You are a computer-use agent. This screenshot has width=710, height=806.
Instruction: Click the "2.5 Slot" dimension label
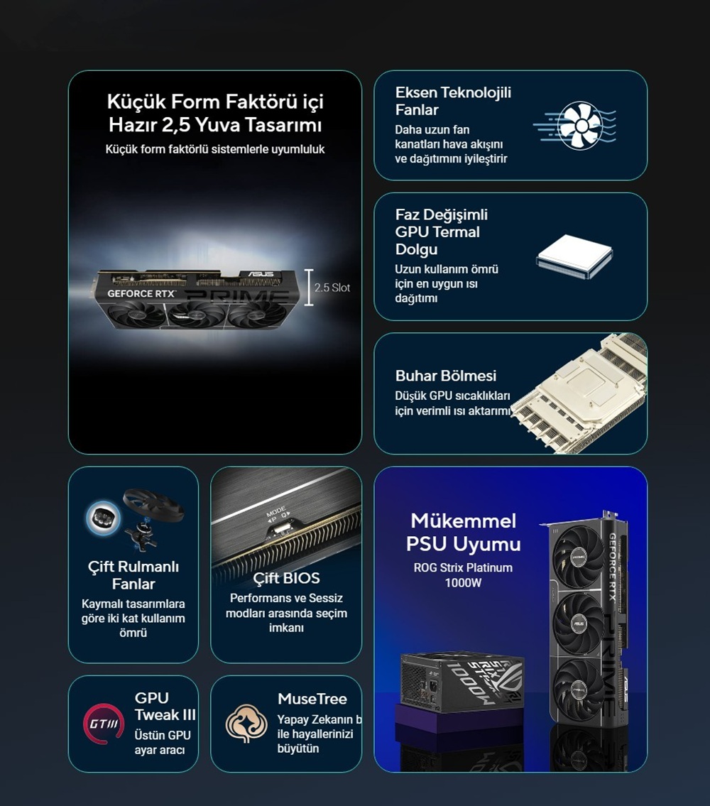coord(332,288)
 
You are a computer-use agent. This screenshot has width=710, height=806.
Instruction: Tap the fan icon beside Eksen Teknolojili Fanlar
coord(581,126)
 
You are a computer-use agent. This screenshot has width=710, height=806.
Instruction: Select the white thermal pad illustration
coord(574,256)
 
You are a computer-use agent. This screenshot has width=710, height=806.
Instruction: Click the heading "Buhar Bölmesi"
coord(446,376)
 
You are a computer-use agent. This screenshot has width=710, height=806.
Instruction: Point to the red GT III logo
coord(104,724)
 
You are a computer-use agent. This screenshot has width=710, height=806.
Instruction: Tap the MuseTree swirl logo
coord(247,723)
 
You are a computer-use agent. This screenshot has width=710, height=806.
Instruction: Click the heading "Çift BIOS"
coord(286,578)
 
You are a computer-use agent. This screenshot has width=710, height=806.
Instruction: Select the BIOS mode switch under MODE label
coord(280,528)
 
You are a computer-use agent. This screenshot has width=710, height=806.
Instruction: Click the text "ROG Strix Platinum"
coord(463,568)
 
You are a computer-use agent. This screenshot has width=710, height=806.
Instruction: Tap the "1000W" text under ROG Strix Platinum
coord(463,583)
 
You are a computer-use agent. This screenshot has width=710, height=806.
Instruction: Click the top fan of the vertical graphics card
coord(578,557)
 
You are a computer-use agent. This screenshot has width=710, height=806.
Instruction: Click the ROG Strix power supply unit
coord(461,682)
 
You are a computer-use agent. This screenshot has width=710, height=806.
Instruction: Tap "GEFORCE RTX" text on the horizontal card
coord(141,293)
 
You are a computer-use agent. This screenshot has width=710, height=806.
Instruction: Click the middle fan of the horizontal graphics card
coord(197,315)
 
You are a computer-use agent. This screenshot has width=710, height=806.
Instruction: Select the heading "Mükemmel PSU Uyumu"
coord(463,533)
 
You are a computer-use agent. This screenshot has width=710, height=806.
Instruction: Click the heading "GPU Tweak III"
coord(165,707)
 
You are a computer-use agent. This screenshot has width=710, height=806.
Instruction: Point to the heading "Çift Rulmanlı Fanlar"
coord(133,575)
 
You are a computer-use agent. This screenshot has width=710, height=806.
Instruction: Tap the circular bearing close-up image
coord(104,517)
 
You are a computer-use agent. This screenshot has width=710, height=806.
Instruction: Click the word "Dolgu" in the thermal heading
coord(417,249)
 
